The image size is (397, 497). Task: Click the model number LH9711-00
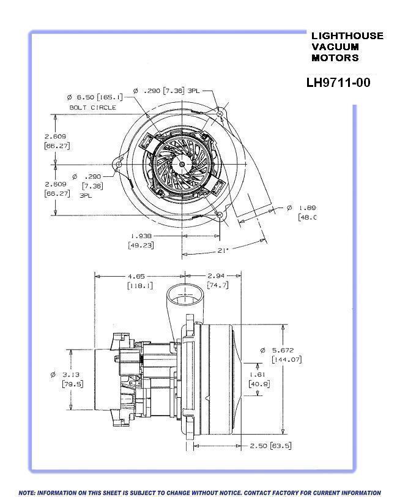click(x=338, y=82)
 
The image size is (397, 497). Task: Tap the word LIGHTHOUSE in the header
click(x=347, y=35)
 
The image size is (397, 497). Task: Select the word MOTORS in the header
click(x=335, y=58)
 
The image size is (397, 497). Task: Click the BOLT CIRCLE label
click(x=92, y=107)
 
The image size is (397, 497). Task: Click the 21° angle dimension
click(x=224, y=250)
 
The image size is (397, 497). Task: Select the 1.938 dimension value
click(x=141, y=235)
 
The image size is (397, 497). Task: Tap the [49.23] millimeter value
click(x=141, y=245)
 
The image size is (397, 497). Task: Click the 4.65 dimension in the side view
click(x=139, y=275)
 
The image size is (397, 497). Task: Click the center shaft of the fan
click(x=182, y=164)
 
